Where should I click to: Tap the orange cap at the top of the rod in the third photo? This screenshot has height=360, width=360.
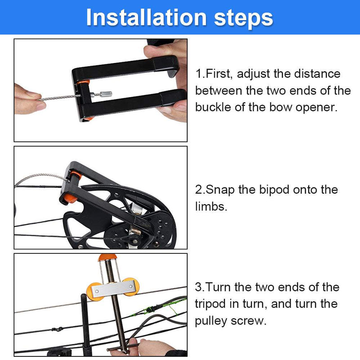tap(108, 257)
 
